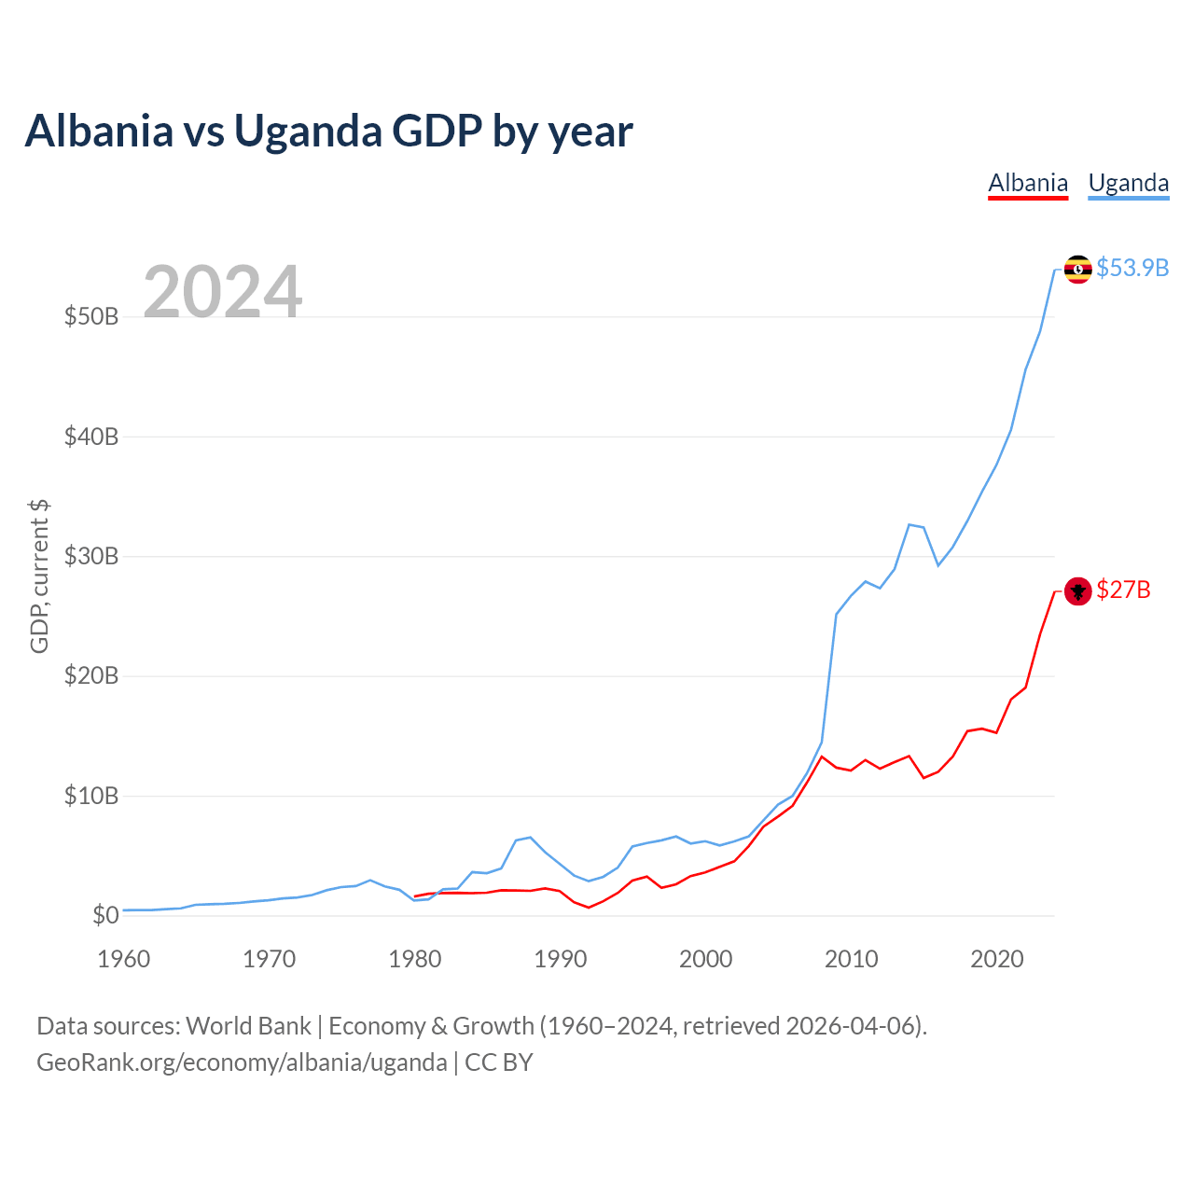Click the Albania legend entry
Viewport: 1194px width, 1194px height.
tap(1028, 183)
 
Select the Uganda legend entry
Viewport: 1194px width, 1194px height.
tap(1129, 183)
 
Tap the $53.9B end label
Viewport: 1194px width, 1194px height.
tap(1132, 269)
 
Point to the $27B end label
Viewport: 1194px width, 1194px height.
tap(1123, 590)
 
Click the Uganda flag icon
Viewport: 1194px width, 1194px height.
tap(1078, 270)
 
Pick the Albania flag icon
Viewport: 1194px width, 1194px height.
tap(1078, 591)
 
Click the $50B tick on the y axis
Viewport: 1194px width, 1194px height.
tap(91, 316)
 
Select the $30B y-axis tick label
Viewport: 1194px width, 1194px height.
tap(91, 557)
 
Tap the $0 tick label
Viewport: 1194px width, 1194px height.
tap(105, 915)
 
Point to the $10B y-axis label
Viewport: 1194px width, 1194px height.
tap(91, 796)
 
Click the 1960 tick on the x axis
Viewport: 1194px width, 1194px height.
tap(124, 959)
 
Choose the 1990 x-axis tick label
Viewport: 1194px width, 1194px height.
tap(561, 959)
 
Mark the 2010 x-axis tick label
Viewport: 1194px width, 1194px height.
tap(852, 959)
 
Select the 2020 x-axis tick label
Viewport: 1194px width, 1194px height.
tap(997, 959)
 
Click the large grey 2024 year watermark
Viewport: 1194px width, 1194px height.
tap(223, 292)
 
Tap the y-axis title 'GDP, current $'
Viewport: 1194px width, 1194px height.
tap(39, 576)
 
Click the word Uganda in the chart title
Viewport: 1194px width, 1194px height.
tap(308, 131)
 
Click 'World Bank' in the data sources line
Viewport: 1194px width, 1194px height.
tap(248, 1026)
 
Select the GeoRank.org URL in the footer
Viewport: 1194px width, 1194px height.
tap(242, 1062)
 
